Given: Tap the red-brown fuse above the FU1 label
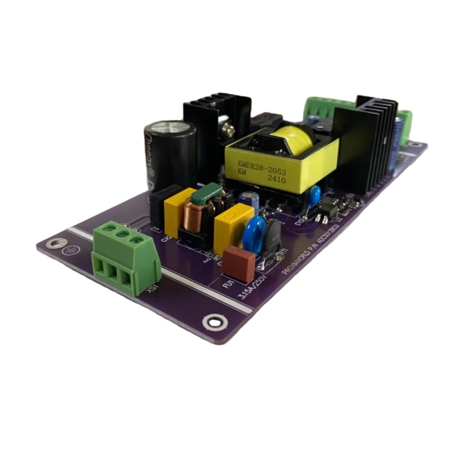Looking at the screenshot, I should coord(239,264).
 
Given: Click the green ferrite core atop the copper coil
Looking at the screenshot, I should coord(207,194).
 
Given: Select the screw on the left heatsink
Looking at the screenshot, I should coord(230,131).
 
